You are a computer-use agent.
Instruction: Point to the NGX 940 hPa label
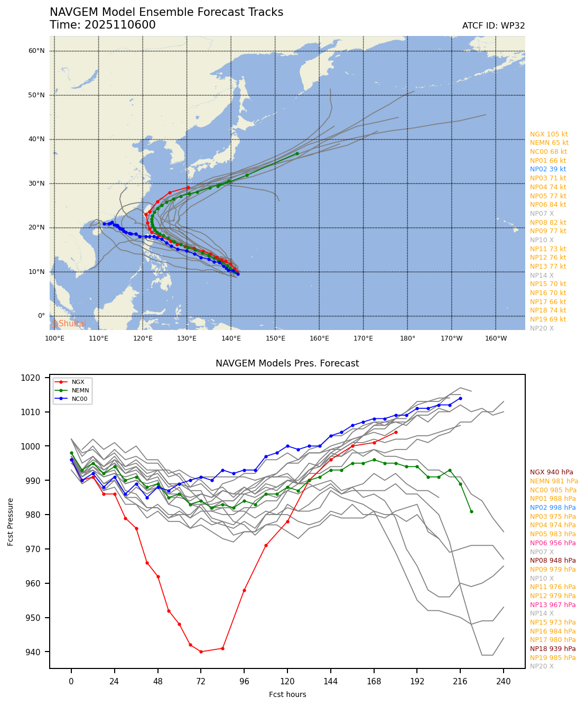(551, 472)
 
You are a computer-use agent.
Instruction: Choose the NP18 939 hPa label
(553, 649)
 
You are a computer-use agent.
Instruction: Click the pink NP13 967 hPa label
(553, 604)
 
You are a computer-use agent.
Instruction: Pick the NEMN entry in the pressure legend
(80, 390)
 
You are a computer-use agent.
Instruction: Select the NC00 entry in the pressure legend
(79, 399)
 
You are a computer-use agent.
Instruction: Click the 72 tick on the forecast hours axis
(201, 682)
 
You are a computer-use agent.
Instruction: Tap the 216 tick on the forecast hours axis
(460, 682)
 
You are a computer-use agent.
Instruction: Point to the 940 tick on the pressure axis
(37, 652)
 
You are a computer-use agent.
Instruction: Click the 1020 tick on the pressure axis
(35, 378)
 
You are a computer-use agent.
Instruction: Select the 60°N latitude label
(36, 51)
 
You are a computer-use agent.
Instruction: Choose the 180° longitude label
(407, 338)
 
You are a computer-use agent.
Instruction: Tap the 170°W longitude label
(451, 338)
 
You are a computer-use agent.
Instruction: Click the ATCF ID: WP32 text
(494, 26)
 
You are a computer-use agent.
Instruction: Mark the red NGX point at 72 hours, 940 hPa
(201, 652)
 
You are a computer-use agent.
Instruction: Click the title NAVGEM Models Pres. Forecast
(287, 363)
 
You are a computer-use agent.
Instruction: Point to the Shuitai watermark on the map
(69, 324)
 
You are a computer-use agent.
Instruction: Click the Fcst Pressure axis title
(11, 521)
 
